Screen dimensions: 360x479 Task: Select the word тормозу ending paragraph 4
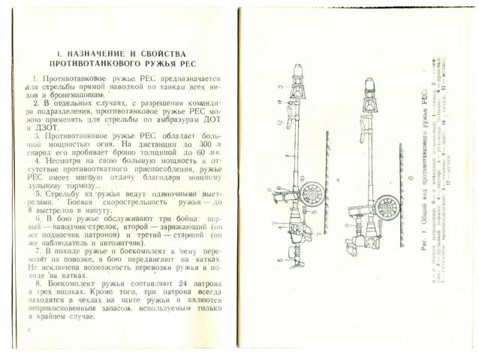tap(86, 186)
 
